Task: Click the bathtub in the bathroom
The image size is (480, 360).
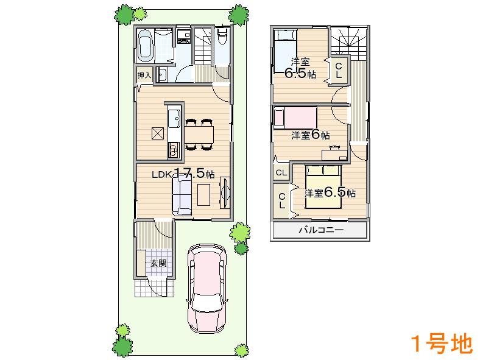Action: [145, 46]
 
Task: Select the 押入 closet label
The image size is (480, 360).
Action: [144, 76]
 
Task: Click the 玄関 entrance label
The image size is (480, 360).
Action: [158, 263]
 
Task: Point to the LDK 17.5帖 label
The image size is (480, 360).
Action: [183, 174]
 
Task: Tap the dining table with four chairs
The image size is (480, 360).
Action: [199, 132]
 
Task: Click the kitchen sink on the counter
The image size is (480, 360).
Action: [172, 115]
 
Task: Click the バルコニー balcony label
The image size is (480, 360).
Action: [320, 230]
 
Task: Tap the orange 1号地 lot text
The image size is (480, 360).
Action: [441, 344]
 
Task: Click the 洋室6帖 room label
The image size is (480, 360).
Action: [310, 135]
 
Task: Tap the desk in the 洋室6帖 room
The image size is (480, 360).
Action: [334, 153]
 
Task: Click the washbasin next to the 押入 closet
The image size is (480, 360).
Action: [162, 75]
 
